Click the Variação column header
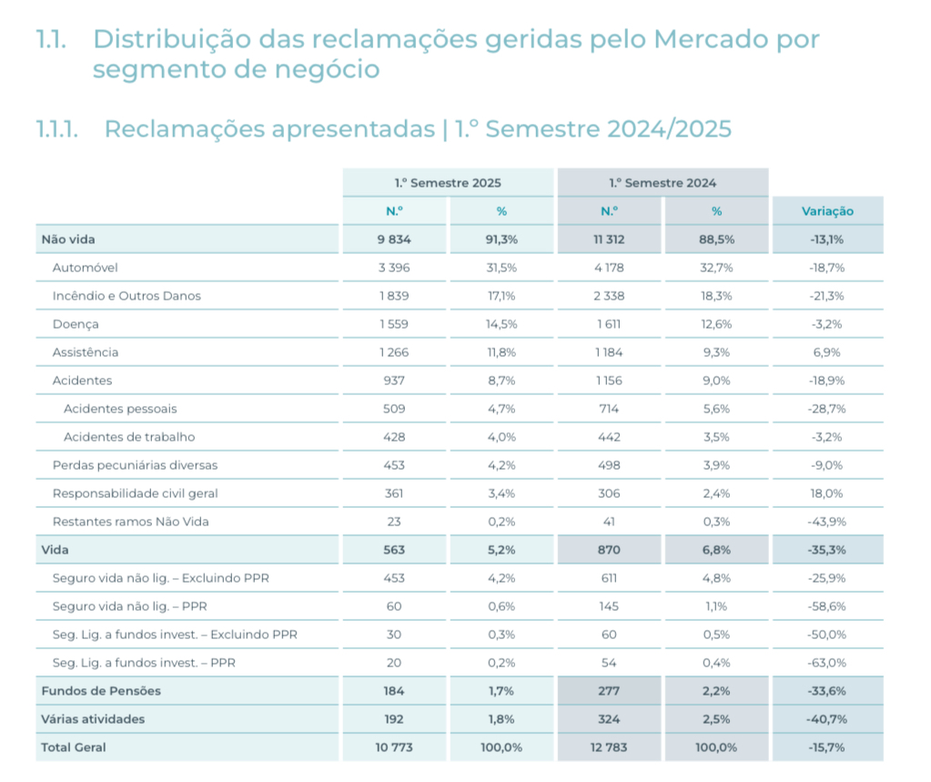tap(827, 211)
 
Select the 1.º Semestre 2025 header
tap(448, 183)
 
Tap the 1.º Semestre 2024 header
tap(663, 183)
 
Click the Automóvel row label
tap(86, 268)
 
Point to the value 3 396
tap(394, 268)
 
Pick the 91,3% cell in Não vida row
tap(501, 239)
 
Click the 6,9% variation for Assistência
tap(827, 352)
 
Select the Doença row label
tap(76, 324)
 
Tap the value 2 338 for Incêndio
tap(609, 296)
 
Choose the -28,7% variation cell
tap(827, 409)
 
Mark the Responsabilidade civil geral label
tap(135, 493)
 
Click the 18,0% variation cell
tap(827, 493)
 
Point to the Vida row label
tap(55, 550)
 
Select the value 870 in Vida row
tap(609, 550)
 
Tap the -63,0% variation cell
tap(827, 663)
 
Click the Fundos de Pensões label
tap(101, 691)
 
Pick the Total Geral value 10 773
tap(394, 747)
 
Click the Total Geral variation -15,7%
tap(827, 747)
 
